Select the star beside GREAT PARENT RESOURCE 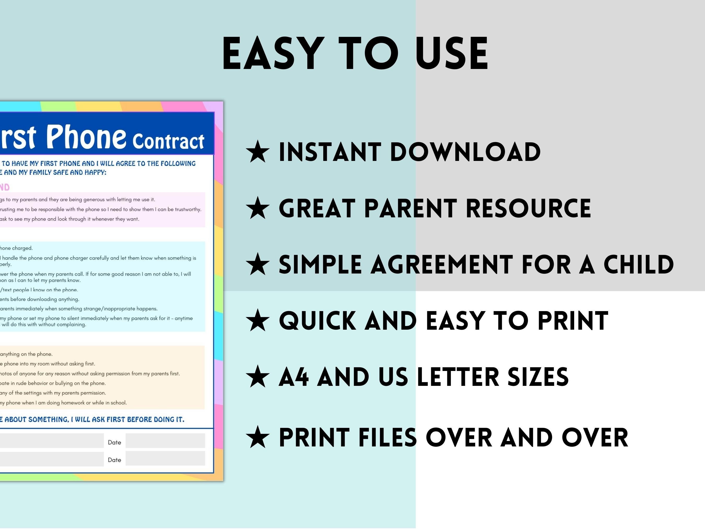[x=258, y=208]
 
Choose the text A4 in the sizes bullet [x=293, y=377]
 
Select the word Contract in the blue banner [x=168, y=141]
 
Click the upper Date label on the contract [x=114, y=442]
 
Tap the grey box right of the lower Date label [x=165, y=458]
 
